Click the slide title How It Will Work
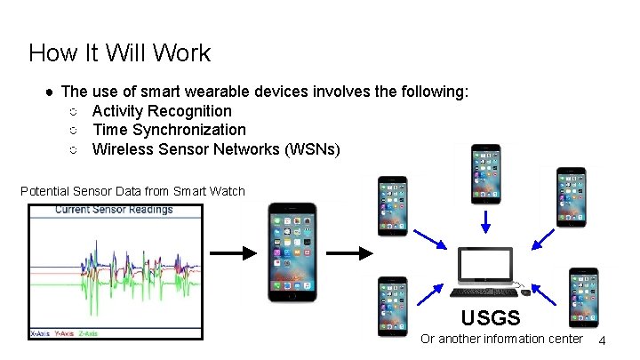tap(119, 52)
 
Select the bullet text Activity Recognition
tap(162, 111)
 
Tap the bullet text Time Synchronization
tap(169, 130)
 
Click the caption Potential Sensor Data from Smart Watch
tap(132, 190)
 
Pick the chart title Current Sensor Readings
tap(114, 210)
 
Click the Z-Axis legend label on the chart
tap(88, 333)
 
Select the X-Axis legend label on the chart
tap(40, 333)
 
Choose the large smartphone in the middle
tap(292, 253)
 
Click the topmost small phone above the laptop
tap(486, 174)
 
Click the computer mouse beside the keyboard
tap(525, 292)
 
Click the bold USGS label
tap(491, 316)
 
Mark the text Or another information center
tap(501, 339)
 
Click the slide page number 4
tap(603, 341)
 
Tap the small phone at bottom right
tap(582, 297)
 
